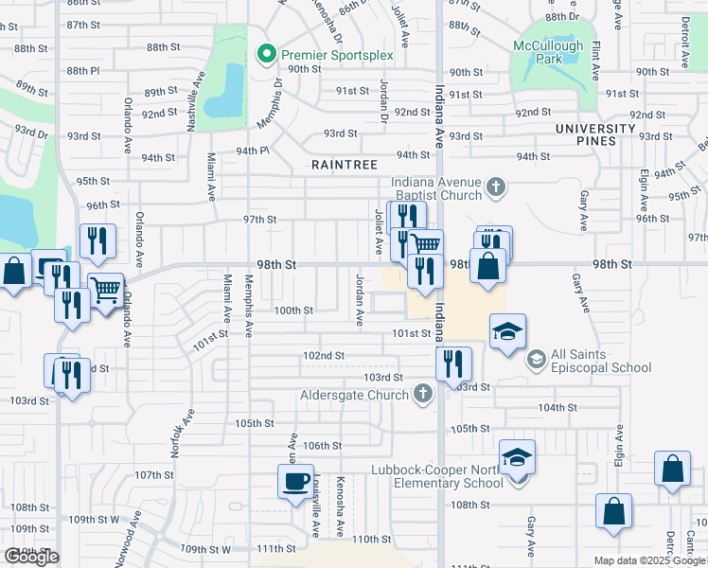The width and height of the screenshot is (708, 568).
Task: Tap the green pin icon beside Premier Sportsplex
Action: coord(268,55)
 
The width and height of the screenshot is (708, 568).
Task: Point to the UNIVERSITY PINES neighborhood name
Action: coord(595,134)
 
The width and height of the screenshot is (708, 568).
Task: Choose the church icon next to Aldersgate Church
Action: coord(423,393)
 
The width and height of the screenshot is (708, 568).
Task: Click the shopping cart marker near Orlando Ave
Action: coord(105,288)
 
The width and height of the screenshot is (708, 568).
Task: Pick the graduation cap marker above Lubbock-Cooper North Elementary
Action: coord(517,456)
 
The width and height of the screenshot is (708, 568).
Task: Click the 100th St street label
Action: coord(293,311)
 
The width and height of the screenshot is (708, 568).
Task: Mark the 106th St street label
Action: coord(322,445)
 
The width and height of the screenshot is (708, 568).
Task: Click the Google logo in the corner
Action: coord(31,557)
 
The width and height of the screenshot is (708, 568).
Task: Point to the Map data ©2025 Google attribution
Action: coord(648,560)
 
